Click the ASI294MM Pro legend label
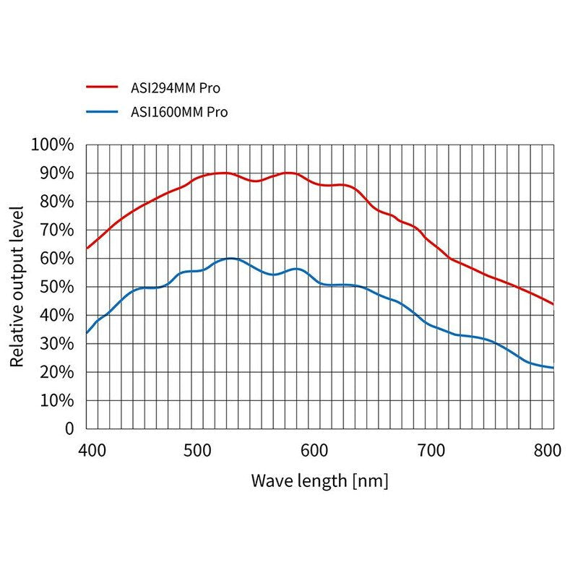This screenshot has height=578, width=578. tap(175, 89)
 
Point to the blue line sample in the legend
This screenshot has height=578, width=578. tap(101, 112)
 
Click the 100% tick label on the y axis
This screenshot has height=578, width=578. tap(53, 144)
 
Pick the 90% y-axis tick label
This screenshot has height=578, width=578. tap(56, 173)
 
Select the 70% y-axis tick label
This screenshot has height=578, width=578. tap(56, 230)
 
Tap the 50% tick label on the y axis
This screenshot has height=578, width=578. tap(56, 287)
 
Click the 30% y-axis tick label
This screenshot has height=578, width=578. tap(56, 343)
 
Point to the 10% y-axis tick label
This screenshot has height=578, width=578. tap(56, 400)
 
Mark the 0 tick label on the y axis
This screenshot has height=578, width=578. tap(69, 428)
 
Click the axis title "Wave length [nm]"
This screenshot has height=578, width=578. tap(319, 480)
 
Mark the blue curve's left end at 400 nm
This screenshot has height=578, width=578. tap(87, 333)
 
